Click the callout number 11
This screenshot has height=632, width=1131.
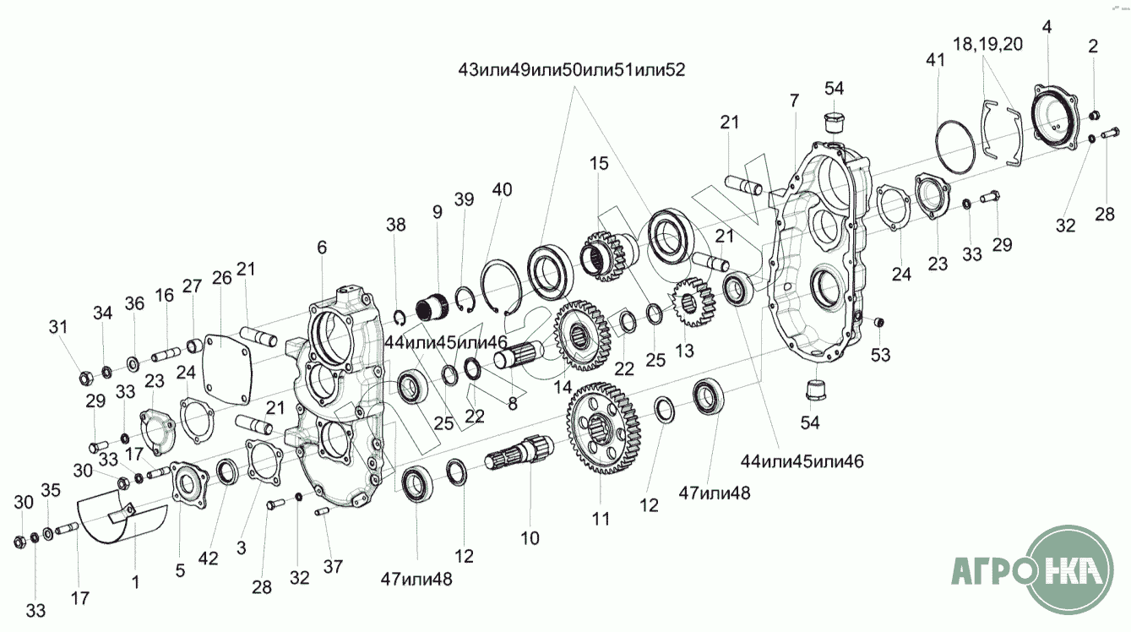601,520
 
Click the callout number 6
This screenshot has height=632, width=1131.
321,248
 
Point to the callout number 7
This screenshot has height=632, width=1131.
793,101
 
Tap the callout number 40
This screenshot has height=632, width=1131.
502,189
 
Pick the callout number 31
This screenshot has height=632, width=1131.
57,327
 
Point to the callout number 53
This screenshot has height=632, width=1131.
881,355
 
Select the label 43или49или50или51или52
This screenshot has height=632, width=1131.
570,71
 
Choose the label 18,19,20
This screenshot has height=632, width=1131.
987,45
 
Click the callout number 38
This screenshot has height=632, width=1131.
396,225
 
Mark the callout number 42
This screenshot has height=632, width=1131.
208,558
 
